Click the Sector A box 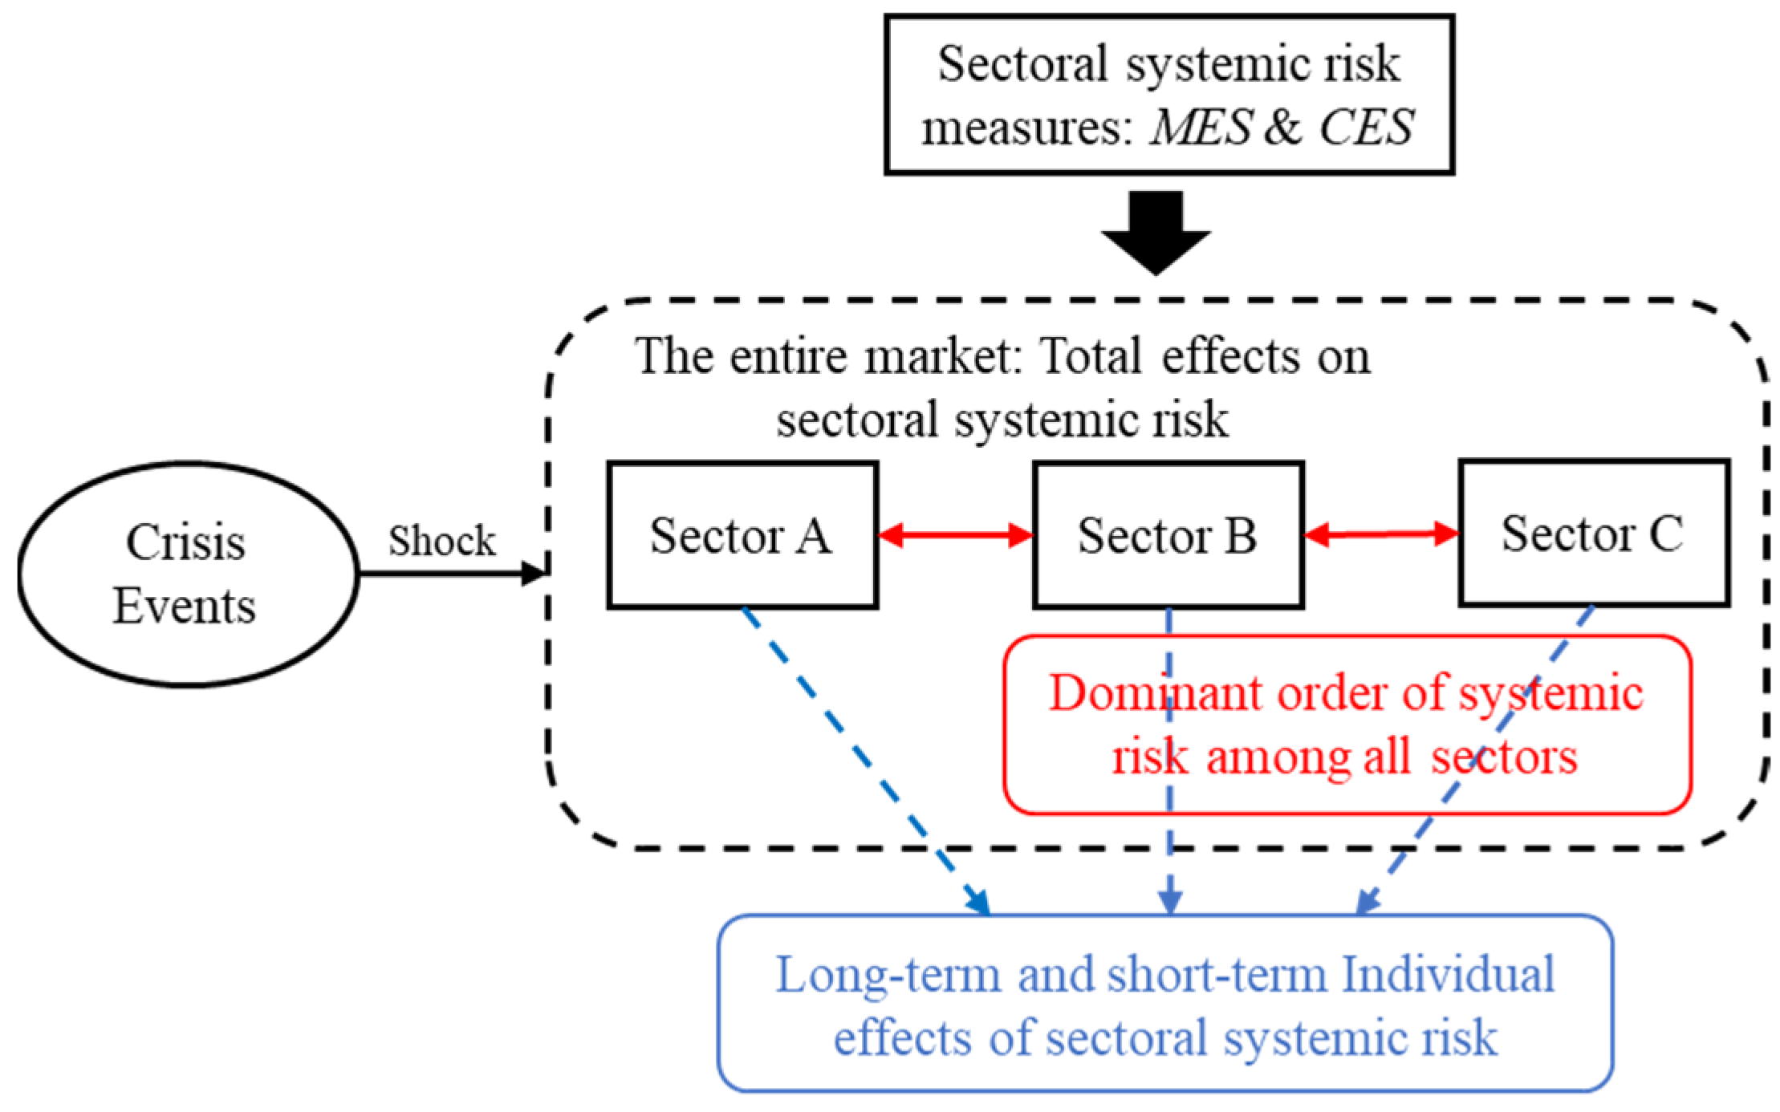click(742, 535)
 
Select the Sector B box click(1168, 535)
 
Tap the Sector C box click(1593, 534)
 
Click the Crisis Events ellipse click(186, 574)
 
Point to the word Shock click(442, 542)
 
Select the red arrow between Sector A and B click(956, 535)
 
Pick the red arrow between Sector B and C click(1381, 534)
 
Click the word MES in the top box click(1199, 128)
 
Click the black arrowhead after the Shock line click(534, 574)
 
